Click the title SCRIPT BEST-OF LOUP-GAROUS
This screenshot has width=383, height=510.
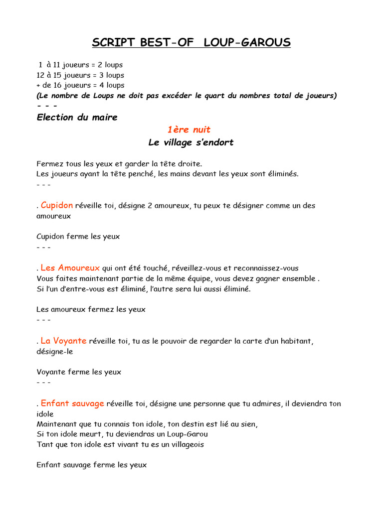[191, 43]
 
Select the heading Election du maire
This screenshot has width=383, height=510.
[77, 118]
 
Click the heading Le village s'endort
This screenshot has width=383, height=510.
[191, 142]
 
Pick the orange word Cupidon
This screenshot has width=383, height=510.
[57, 205]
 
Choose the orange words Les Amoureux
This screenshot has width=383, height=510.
[70, 268]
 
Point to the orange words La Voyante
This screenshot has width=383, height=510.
[63, 341]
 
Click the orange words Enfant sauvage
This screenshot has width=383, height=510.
[72, 403]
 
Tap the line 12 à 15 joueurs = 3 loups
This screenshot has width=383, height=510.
[81, 75]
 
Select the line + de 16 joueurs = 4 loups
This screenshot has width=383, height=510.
[81, 85]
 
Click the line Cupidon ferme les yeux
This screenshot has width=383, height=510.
[78, 237]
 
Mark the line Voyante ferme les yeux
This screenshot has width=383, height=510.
[79, 372]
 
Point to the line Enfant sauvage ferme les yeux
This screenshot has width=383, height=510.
[92, 465]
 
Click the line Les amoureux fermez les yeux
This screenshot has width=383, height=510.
[91, 309]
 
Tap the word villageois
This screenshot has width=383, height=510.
[185, 444]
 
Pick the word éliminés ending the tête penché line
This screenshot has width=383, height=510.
[283, 174]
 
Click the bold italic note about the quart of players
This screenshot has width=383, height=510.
[187, 96]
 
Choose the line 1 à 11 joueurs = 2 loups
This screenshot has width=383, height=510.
[81, 65]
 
